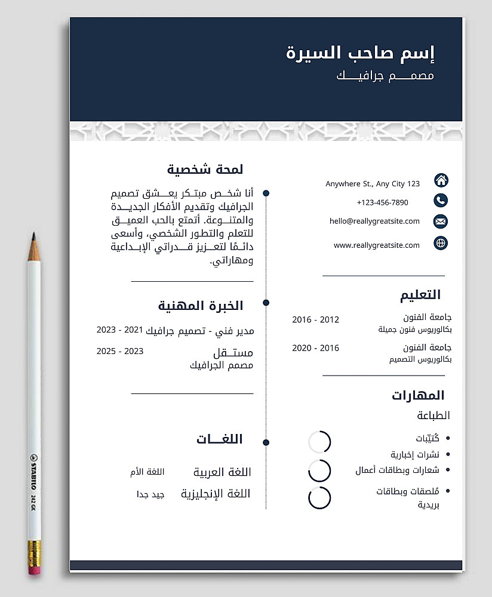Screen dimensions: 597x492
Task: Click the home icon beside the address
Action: [x=441, y=180]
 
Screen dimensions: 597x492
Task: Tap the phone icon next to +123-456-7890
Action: [x=441, y=201]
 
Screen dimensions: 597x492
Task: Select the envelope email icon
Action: [x=441, y=221]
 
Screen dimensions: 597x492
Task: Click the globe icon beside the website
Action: [x=441, y=243]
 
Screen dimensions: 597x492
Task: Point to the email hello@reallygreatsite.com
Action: [x=374, y=221]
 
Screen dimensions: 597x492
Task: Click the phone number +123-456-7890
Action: [x=382, y=203]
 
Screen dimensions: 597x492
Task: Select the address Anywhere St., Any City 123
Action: [x=373, y=184]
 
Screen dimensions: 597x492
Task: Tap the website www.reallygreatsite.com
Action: [x=377, y=245]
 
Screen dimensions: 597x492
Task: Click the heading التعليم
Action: [x=420, y=295]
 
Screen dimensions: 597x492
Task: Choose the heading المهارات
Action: [x=418, y=395]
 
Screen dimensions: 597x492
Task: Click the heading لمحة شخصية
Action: [x=205, y=170]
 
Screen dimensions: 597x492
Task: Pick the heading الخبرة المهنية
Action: [x=201, y=306]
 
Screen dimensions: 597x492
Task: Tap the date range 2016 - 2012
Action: [x=315, y=320]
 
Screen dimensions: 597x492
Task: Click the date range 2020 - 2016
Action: [x=315, y=348]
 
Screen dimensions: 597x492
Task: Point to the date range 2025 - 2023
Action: [x=120, y=351]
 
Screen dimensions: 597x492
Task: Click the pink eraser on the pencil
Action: [x=35, y=570]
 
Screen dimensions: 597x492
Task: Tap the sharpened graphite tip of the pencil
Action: [x=33, y=237]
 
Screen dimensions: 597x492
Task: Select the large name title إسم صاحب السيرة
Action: [x=361, y=53]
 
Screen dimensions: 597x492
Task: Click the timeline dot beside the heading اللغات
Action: [x=266, y=442]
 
